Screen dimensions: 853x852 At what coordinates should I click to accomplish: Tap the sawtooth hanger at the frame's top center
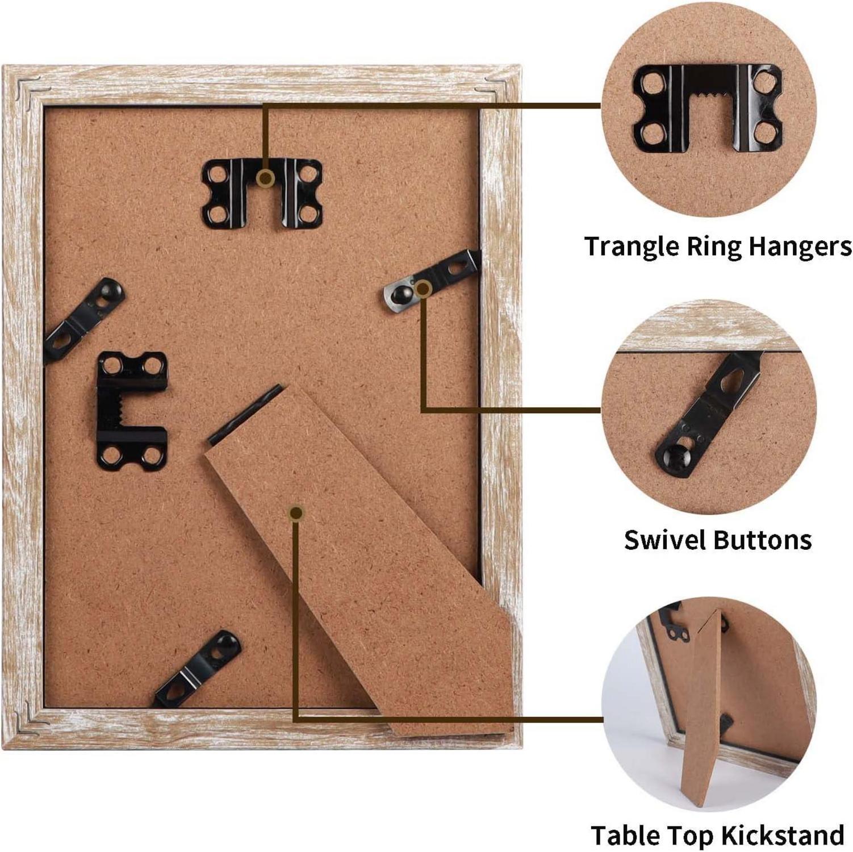coord(262,194)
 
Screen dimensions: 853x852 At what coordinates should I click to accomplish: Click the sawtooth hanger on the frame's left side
coord(132,411)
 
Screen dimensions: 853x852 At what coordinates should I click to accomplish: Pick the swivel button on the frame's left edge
coord(84,320)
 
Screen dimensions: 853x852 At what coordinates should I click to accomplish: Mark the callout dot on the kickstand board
coord(296,513)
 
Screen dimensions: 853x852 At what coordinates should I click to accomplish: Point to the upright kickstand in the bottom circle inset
coord(703,707)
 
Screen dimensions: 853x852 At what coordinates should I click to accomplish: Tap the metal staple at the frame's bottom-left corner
coord(28,719)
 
